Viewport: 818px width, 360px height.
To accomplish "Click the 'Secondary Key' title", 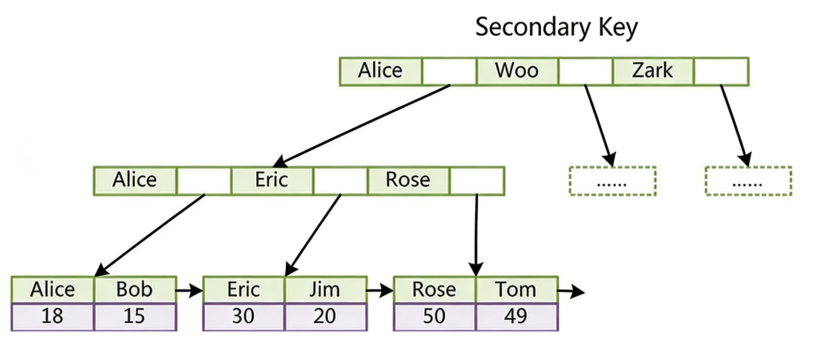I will click(556, 27).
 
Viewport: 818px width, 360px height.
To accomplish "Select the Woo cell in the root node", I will click(517, 71).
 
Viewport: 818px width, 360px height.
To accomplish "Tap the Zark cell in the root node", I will click(652, 71).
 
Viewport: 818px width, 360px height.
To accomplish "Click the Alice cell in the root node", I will click(380, 71).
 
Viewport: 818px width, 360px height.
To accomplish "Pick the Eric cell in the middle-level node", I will click(271, 180).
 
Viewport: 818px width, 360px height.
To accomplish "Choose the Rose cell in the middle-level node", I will click(408, 180).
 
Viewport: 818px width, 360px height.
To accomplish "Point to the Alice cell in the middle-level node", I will click(135, 180).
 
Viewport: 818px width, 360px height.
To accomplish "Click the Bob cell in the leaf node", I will click(134, 289).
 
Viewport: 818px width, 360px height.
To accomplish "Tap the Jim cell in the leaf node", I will click(325, 289).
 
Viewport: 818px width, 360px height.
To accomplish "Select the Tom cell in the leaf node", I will click(516, 289).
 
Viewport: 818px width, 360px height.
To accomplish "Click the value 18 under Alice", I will click(52, 316).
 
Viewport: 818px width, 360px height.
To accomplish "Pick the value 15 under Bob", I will click(134, 316).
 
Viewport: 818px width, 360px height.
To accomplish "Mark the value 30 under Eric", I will click(243, 316).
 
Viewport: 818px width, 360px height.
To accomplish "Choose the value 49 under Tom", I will click(516, 316).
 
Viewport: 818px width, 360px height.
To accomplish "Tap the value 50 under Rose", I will click(434, 316).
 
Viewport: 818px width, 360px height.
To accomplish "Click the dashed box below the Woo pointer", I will click(612, 181).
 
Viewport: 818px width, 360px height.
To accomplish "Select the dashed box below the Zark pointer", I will click(748, 181).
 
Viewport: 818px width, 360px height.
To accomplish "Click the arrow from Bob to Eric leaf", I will click(189, 291).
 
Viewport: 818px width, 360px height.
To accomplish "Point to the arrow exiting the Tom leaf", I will click(571, 292).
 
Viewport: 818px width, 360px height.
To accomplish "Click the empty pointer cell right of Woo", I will click(585, 71).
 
